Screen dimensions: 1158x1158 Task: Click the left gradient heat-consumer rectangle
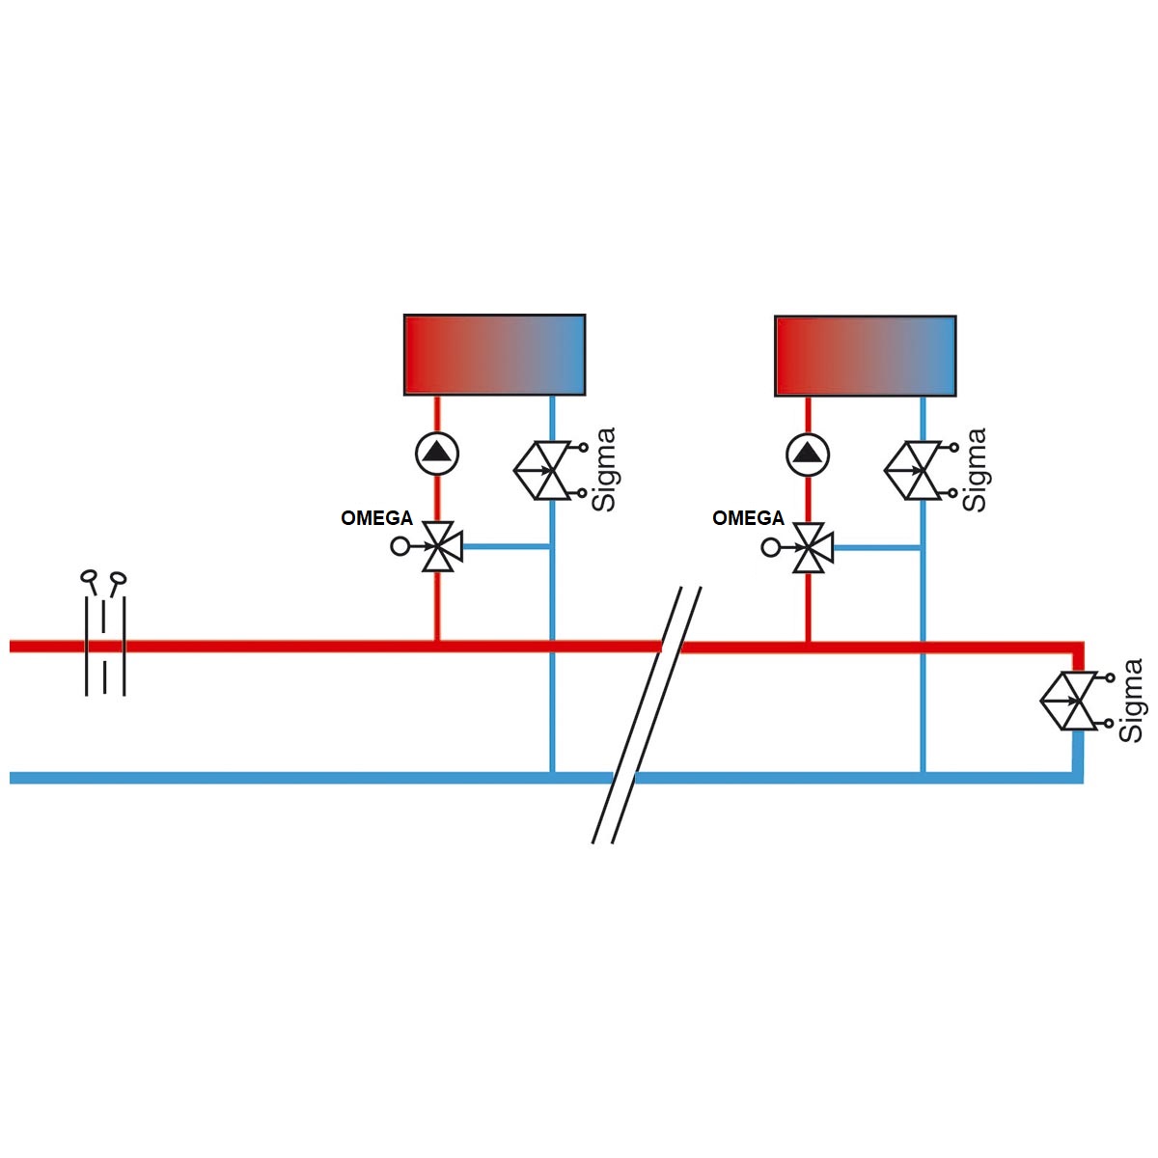pyautogui.click(x=494, y=354)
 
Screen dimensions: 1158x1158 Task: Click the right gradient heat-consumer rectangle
pyautogui.click(x=865, y=356)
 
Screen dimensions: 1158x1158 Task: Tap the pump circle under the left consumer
pyautogui.click(x=437, y=454)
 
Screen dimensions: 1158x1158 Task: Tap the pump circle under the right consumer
pyautogui.click(x=808, y=455)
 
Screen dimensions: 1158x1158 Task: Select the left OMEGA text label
pyautogui.click(x=376, y=518)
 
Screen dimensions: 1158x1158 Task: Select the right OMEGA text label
pyautogui.click(x=748, y=518)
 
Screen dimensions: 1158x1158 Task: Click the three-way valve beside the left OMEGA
pyautogui.click(x=442, y=546)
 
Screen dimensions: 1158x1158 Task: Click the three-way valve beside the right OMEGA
pyautogui.click(x=813, y=547)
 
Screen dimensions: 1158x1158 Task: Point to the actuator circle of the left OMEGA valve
pyautogui.click(x=399, y=547)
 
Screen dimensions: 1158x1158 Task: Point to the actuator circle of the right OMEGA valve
pyautogui.click(x=770, y=548)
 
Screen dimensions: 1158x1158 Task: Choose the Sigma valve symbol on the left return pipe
pyautogui.click(x=550, y=471)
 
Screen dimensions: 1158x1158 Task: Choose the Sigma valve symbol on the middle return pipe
pyautogui.click(x=921, y=471)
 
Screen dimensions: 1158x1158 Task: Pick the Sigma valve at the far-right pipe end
pyautogui.click(x=1077, y=702)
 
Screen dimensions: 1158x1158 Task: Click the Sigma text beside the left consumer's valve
pyautogui.click(x=603, y=470)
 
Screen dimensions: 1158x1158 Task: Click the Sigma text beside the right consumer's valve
pyautogui.click(x=974, y=470)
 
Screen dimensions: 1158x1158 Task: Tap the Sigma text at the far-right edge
pyautogui.click(x=1130, y=701)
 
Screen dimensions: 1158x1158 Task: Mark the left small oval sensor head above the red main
pyautogui.click(x=89, y=576)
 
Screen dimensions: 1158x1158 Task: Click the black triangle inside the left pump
pyautogui.click(x=437, y=452)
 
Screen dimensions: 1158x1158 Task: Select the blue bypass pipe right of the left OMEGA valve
pyautogui.click(x=507, y=547)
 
